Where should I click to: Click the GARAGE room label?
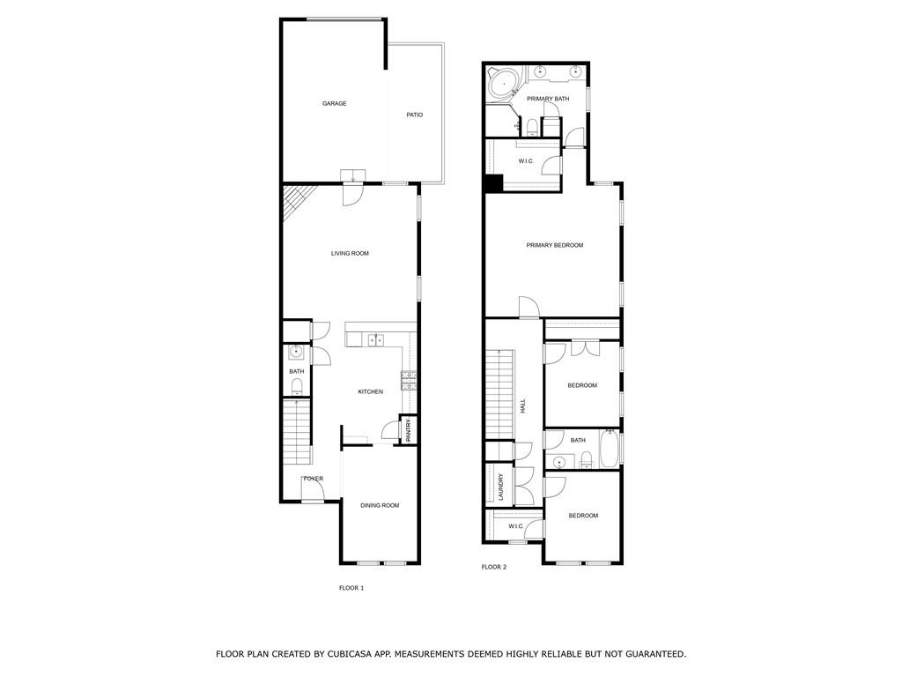point(334,104)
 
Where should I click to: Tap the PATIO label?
point(414,115)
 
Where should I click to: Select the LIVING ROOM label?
point(350,254)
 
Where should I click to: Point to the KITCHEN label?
point(370,391)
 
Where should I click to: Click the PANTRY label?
point(409,429)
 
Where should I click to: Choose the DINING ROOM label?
point(380,505)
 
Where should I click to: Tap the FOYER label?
point(314,479)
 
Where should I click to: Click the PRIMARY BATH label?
point(548,99)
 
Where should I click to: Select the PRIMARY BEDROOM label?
point(555,245)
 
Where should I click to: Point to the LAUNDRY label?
point(500,487)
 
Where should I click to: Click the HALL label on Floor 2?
point(522,406)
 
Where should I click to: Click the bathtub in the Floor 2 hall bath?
point(609,450)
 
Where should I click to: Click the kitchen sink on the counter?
point(376,338)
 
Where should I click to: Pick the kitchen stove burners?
point(410,380)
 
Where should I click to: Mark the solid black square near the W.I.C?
point(492,183)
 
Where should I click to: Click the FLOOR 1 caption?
point(351,588)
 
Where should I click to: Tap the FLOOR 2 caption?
point(494,567)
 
